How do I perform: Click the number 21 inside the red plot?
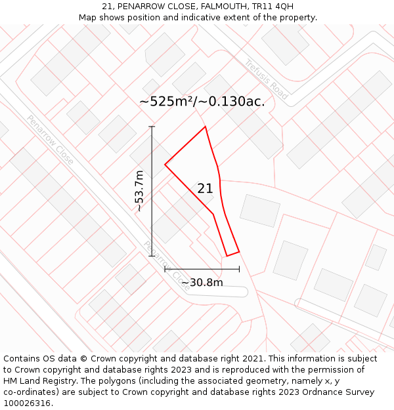205,188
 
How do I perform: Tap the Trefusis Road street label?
267,79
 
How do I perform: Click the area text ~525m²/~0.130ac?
202,101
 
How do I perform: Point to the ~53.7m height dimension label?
139,191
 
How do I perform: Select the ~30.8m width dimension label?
202,283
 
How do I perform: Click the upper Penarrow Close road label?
50,140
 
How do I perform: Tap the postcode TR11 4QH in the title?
272,7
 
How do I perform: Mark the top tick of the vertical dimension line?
152,127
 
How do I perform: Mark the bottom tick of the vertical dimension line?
152,255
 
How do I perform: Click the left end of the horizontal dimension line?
165,269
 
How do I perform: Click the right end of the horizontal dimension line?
239,269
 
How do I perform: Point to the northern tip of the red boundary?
206,127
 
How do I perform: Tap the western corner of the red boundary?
165,165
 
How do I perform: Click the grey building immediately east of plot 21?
260,210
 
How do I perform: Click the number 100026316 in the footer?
28,403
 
